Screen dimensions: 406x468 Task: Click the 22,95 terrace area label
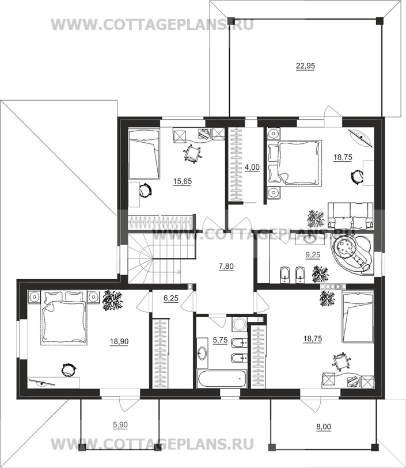(305, 66)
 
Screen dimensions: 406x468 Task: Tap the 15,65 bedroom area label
(183, 181)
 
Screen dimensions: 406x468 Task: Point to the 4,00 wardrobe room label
(252, 168)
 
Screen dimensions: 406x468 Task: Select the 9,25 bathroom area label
(313, 255)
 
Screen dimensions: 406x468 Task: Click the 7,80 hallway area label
(226, 266)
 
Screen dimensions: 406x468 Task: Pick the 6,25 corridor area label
(171, 298)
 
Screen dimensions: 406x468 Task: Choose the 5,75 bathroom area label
(220, 340)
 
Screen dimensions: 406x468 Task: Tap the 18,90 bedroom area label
(119, 341)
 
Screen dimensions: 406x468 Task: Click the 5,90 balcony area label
(120, 425)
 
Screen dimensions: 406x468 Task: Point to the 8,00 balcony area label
(324, 427)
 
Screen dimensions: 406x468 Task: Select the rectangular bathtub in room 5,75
(222, 378)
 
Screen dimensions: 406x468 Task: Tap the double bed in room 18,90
(64, 318)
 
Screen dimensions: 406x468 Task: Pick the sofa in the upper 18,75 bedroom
(351, 215)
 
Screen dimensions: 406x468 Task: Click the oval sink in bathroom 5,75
(202, 353)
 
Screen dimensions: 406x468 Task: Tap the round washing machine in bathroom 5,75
(239, 324)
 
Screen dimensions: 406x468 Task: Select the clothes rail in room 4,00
(236, 164)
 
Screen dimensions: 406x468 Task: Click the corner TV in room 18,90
(42, 383)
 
